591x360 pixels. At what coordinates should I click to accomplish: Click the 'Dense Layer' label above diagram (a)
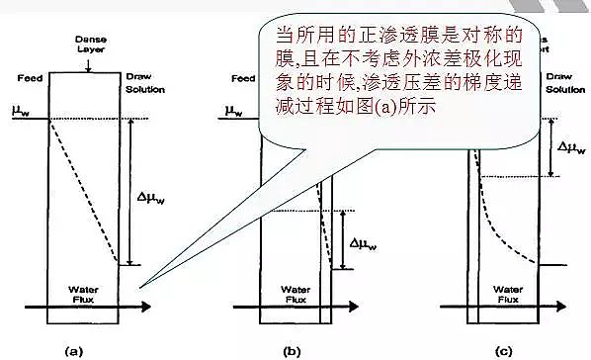[x=90, y=44]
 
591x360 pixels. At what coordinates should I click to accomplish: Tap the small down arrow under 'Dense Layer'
[x=90, y=65]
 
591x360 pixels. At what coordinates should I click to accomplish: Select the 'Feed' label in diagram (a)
[x=29, y=78]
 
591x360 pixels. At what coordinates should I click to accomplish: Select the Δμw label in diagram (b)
[x=367, y=241]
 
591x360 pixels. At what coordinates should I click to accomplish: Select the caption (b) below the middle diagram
[x=292, y=349]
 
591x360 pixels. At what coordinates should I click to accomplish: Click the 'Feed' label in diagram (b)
[x=242, y=78]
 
